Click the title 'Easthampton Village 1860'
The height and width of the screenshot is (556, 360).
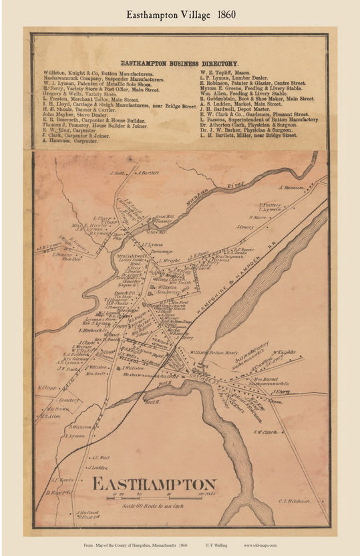(x=181, y=15)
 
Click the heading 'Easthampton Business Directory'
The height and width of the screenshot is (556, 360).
(x=179, y=64)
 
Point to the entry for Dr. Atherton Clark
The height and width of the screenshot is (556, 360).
(x=248, y=125)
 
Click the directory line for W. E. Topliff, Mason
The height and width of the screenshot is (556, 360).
(x=225, y=72)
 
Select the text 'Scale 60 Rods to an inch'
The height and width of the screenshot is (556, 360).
(x=153, y=506)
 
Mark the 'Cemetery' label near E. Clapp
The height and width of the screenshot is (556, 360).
(x=69, y=400)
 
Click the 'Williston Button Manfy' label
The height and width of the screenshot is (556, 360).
(x=214, y=352)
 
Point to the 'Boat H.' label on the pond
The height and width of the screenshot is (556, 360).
(x=153, y=402)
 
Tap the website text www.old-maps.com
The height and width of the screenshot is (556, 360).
(x=260, y=545)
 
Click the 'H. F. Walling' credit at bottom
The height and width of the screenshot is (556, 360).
(x=216, y=545)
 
